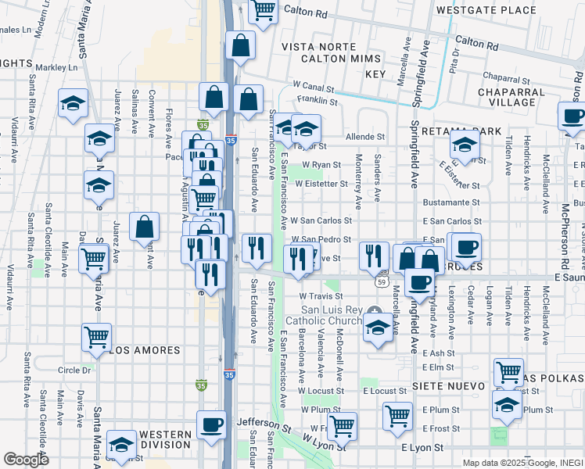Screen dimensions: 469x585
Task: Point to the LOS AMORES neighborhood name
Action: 142,351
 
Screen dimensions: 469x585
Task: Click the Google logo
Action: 26,460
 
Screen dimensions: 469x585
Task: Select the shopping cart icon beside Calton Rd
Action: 264,11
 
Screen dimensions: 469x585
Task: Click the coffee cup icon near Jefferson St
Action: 211,426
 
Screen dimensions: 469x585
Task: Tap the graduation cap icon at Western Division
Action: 121,446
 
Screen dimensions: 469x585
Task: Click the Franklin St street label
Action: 321,101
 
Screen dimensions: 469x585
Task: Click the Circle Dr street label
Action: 74,370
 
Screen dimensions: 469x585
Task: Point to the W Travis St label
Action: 322,296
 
